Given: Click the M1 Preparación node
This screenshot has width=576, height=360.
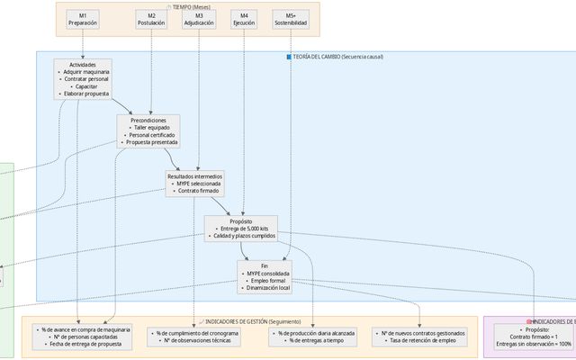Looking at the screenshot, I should point(83,19).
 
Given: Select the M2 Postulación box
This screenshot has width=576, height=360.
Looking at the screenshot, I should point(151,19).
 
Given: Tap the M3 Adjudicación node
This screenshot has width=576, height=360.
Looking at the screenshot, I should point(199,19).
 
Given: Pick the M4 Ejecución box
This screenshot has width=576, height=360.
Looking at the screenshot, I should point(244,19).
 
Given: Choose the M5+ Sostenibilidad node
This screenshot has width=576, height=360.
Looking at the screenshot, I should point(290,19).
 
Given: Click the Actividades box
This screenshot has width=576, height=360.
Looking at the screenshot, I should point(83,79).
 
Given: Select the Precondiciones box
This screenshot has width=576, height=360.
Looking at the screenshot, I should point(148,131).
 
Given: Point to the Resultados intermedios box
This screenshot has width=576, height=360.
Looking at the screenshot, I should point(194,183).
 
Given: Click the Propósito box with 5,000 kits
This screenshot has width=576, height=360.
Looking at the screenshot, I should point(241,229).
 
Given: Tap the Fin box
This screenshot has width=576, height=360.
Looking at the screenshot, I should point(265,277).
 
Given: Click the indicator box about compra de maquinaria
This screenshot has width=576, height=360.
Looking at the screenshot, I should point(83,337).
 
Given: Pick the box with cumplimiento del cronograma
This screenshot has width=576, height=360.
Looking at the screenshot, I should point(194,337).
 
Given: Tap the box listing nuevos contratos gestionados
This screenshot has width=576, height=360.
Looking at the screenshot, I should point(421,337).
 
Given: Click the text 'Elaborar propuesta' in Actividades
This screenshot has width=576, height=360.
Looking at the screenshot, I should point(85,94).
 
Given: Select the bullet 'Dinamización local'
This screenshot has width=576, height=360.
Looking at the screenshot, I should point(265,288).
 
